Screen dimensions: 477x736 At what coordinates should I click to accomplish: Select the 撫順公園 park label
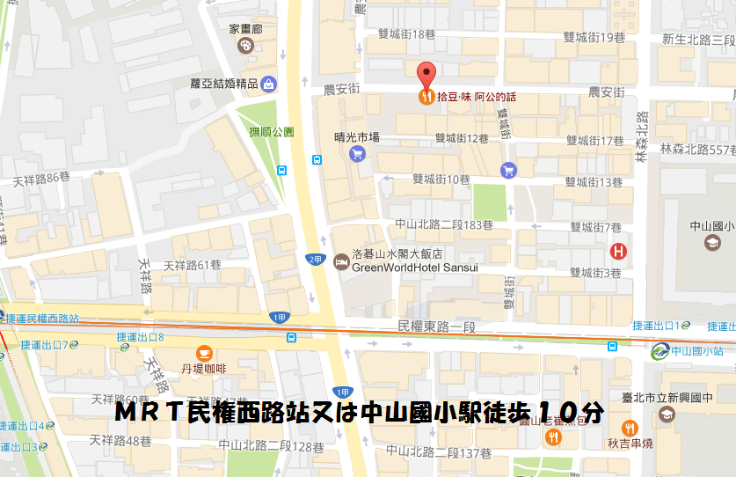coord(271,131)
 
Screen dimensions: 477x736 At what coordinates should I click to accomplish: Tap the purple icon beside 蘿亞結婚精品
coord(269,84)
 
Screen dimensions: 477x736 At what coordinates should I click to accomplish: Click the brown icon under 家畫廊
coord(246,46)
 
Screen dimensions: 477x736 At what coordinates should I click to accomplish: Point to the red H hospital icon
coord(619,251)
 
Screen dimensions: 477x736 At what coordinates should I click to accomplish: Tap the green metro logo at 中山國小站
coord(659,351)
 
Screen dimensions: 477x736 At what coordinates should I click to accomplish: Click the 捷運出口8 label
coord(141,337)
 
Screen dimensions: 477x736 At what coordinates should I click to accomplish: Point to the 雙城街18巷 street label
coord(406,33)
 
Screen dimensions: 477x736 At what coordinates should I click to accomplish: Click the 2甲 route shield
coord(314,259)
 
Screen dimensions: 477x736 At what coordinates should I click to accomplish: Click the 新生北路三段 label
coord(698,40)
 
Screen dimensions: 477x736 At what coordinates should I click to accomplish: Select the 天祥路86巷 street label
coord(41,178)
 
